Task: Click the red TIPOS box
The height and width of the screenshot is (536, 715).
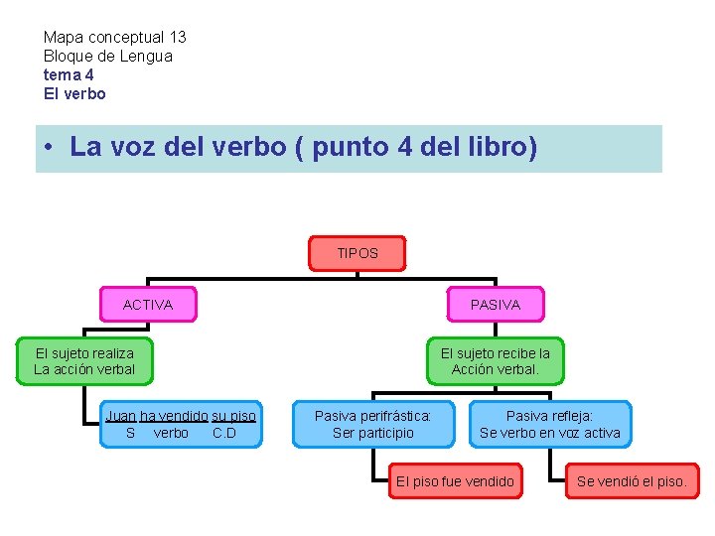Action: (357, 253)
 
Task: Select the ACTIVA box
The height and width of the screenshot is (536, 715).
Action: (148, 305)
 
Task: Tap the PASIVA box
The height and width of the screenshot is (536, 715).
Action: (496, 305)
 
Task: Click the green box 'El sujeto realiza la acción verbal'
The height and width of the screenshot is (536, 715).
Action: (84, 361)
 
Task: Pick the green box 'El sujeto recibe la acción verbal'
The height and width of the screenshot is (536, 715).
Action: (496, 361)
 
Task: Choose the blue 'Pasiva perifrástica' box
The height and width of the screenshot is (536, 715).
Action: (373, 424)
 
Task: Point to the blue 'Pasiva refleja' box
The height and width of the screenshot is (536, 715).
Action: (550, 424)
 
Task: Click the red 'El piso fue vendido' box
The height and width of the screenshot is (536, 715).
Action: (455, 481)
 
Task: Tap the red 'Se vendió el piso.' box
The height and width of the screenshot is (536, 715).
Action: (632, 481)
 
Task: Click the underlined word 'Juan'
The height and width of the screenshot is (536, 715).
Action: (121, 415)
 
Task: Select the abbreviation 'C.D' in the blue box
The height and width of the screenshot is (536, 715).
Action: (224, 433)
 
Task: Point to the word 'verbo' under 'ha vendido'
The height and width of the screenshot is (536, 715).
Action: (171, 433)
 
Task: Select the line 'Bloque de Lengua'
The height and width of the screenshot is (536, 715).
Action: (108, 56)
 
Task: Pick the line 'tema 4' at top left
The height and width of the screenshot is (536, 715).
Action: (69, 74)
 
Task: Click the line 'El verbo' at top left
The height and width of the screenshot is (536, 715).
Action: (74, 93)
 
